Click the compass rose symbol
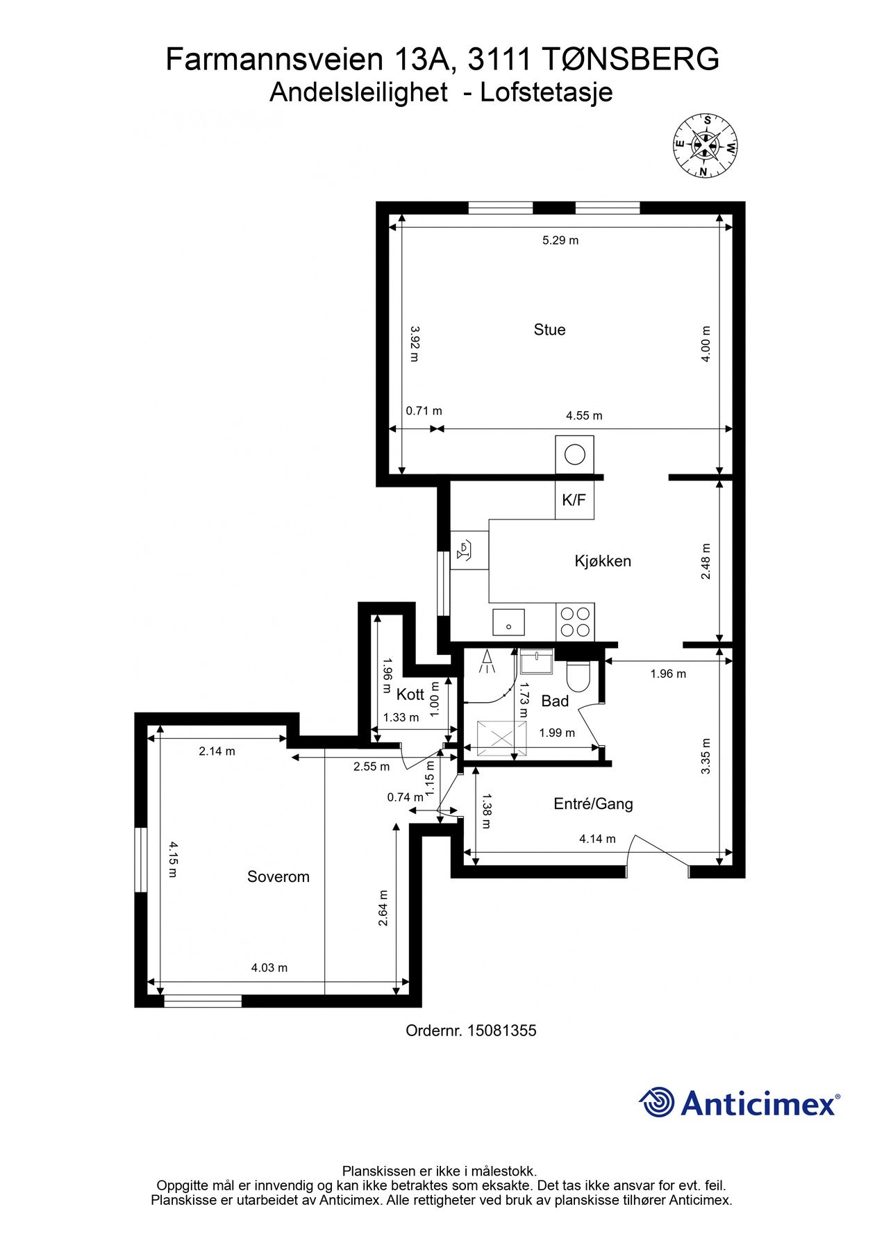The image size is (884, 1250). (706, 146)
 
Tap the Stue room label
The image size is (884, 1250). (549, 330)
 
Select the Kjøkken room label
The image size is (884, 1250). (603, 561)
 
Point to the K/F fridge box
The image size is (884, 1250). (574, 499)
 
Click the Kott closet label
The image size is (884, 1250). (410, 694)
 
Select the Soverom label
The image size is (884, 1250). (278, 877)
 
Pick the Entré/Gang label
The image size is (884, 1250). (593, 804)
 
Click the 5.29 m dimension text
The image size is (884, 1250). (560, 240)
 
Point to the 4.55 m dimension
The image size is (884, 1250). (584, 416)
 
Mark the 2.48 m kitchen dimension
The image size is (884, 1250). (706, 562)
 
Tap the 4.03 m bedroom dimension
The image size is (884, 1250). (269, 967)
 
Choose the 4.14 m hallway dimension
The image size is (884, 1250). (597, 839)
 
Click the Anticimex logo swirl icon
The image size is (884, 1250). (657, 1102)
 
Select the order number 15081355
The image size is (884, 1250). (502, 1031)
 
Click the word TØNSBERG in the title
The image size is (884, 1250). (629, 60)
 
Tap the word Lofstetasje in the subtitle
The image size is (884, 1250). (547, 92)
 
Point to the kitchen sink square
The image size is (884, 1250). (509, 622)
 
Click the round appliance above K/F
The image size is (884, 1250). (575, 455)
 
